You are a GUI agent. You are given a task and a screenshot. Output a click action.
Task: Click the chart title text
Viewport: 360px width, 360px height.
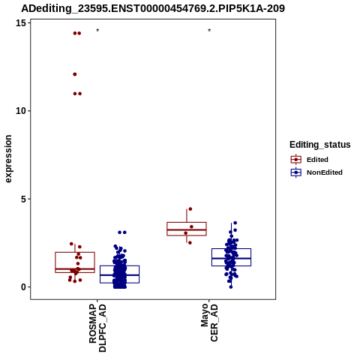pyautogui.click(x=153, y=8)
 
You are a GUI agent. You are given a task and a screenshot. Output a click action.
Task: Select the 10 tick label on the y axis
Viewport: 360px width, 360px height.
pyautogui.click(x=21, y=111)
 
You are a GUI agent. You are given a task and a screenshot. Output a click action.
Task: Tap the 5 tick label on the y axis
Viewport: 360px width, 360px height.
pyautogui.click(x=24, y=199)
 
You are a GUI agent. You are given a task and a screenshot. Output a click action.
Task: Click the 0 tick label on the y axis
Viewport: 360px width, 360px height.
pyautogui.click(x=24, y=287)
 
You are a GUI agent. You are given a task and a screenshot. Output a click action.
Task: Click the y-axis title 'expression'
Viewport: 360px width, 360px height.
pyautogui.click(x=8, y=159)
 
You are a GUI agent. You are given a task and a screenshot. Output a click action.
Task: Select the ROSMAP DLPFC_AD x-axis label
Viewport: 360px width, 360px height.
pyautogui.click(x=97, y=328)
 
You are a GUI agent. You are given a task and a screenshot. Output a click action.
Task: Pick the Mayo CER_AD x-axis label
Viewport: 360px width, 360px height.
pyautogui.click(x=209, y=322)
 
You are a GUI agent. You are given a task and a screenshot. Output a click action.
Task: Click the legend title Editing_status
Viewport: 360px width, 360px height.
pyautogui.click(x=320, y=145)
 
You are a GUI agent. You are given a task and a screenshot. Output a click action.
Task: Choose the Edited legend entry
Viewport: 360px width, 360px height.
pyautogui.click(x=310, y=160)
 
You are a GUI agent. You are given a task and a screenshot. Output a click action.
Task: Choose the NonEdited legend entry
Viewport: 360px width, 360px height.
pyautogui.click(x=316, y=172)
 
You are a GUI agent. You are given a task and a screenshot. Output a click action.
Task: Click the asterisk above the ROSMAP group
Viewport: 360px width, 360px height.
pyautogui.click(x=97, y=31)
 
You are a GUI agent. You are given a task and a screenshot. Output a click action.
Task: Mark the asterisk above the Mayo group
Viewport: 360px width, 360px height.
pyautogui.click(x=209, y=31)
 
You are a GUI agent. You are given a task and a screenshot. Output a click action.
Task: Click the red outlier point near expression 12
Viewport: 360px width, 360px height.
pyautogui.click(x=75, y=74)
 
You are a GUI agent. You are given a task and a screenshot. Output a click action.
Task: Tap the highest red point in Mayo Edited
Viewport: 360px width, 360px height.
pyautogui.click(x=190, y=209)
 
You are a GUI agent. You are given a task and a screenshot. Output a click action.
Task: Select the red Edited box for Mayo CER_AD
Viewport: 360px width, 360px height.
pyautogui.click(x=187, y=229)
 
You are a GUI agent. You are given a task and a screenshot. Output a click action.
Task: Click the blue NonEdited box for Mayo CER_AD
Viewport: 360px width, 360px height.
pyautogui.click(x=231, y=257)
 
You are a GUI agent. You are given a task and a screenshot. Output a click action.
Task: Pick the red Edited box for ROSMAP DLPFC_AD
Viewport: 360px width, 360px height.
pyautogui.click(x=75, y=262)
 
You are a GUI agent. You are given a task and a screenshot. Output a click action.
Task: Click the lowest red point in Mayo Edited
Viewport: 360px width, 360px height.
pyautogui.click(x=190, y=243)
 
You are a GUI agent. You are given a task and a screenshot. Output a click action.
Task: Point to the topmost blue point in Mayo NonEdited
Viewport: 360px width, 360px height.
pyautogui.click(x=235, y=223)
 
